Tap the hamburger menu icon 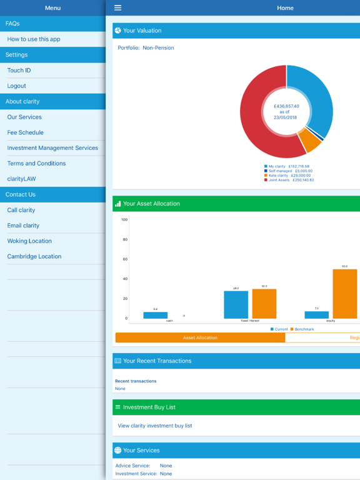tap(117, 8)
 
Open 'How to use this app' tap(34, 39)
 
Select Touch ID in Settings tap(19, 70)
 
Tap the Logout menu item tap(17, 86)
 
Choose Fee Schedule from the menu tap(26, 132)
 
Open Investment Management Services tap(52, 148)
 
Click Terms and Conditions tap(36, 163)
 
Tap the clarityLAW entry tap(22, 179)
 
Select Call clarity tap(21, 210)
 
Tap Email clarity tap(23, 226)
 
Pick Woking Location tap(29, 241)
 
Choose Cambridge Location tap(34, 256)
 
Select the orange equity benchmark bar tap(344, 294)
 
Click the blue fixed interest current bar tap(236, 305)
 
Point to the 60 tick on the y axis tap(125, 259)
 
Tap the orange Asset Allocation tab tap(200, 337)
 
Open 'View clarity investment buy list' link tap(155, 426)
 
